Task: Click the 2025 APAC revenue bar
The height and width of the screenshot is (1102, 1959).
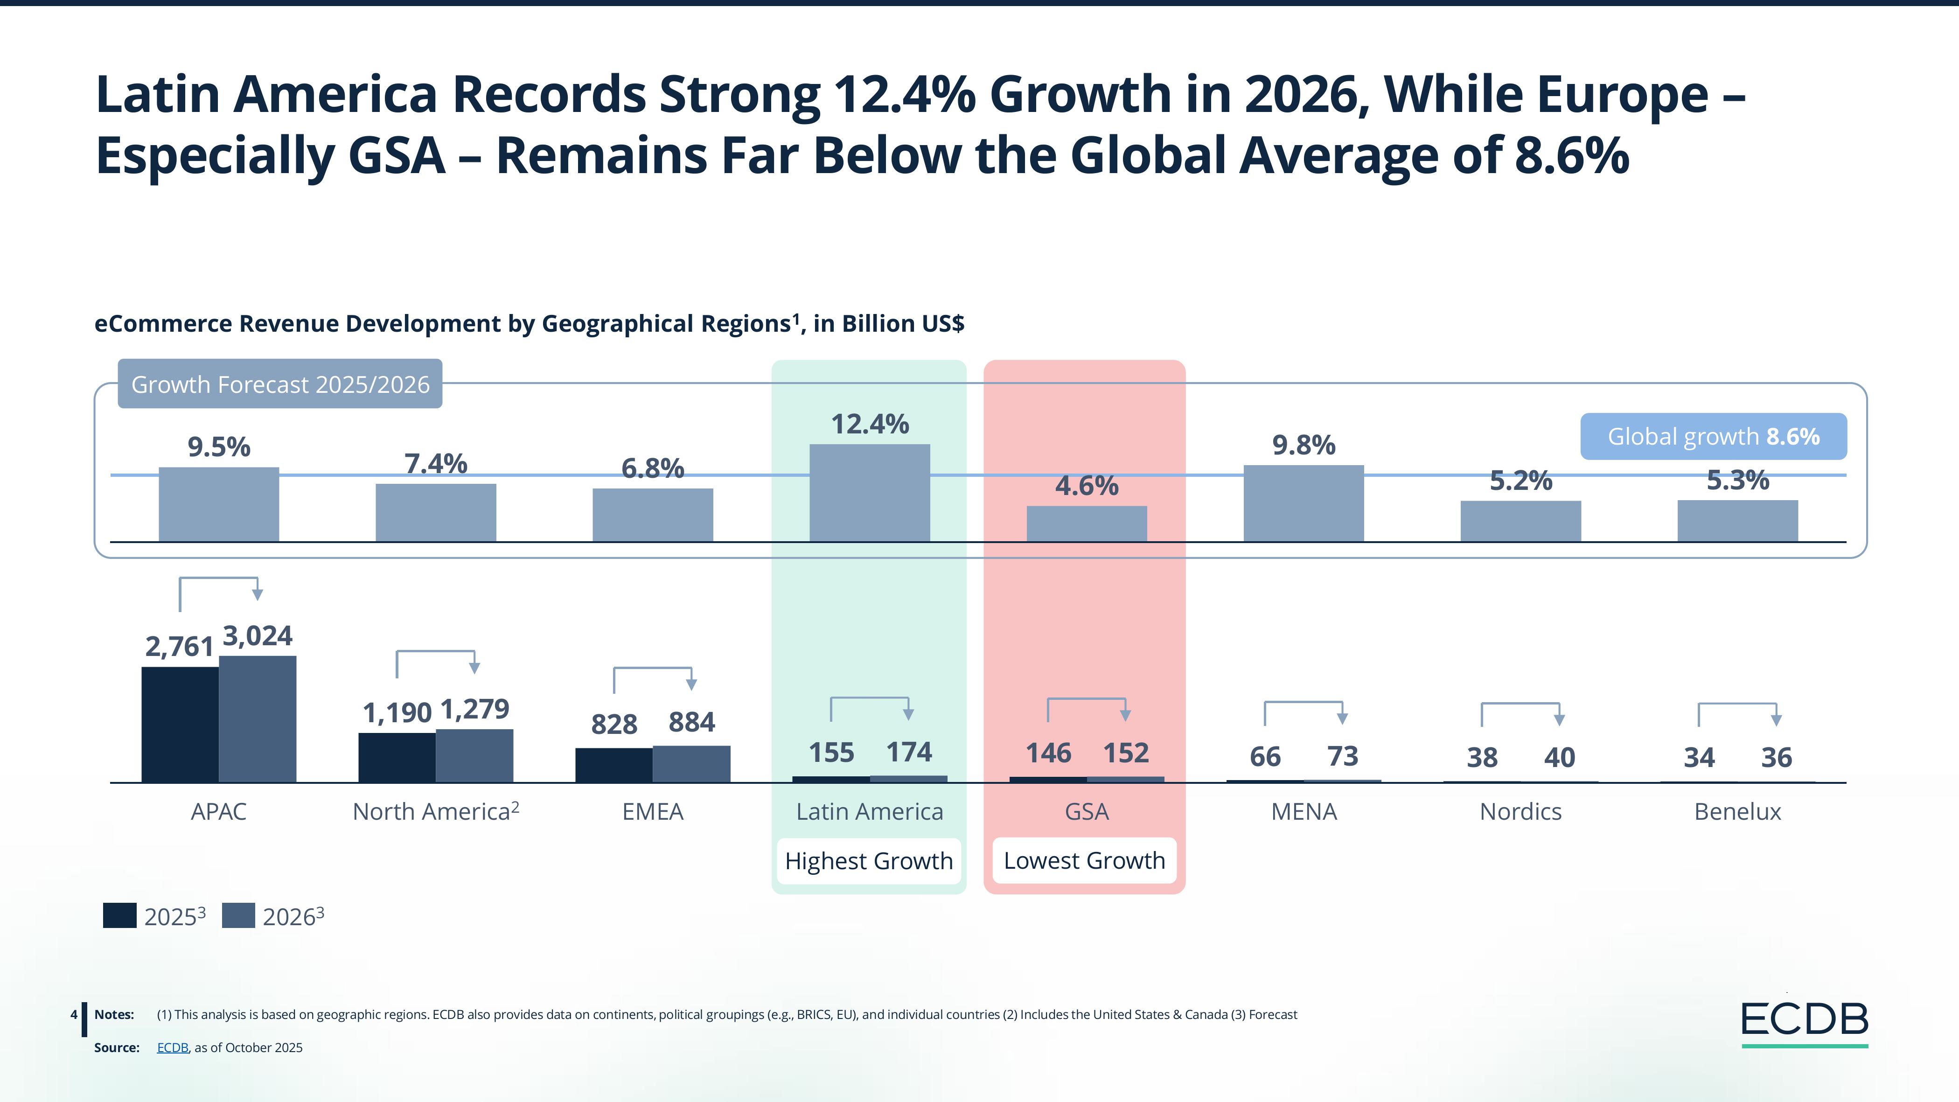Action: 180,724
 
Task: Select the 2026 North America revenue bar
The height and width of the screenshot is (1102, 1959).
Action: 474,755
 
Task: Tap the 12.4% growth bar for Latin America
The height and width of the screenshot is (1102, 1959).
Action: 869,492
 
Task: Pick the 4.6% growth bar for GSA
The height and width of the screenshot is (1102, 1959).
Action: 1087,523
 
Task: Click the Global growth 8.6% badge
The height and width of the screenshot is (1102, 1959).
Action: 1713,437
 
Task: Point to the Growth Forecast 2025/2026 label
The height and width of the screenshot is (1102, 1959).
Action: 280,384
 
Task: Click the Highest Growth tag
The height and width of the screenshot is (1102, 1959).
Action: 869,861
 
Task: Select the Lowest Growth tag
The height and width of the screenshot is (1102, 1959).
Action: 1084,861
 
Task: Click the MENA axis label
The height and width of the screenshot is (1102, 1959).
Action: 1304,811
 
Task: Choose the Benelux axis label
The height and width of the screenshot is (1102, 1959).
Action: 1738,811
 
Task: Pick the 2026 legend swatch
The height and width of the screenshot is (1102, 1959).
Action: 238,916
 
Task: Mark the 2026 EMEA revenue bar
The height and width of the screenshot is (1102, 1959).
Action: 691,764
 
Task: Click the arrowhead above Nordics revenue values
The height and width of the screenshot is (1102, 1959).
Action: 1559,719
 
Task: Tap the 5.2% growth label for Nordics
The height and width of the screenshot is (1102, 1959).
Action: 1520,481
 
